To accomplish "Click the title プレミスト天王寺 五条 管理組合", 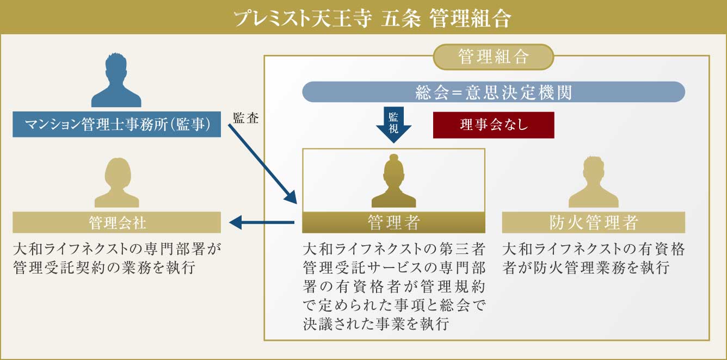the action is pyautogui.click(x=372, y=18).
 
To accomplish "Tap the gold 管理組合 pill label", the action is pyautogui.click(x=494, y=57).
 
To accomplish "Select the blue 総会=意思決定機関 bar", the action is pyautogui.click(x=494, y=92).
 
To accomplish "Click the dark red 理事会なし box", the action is pyautogui.click(x=494, y=125).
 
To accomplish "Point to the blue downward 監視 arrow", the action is pyautogui.click(x=393, y=125).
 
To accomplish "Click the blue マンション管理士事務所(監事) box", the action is pyautogui.click(x=117, y=124).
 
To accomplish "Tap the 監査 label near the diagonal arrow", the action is pyautogui.click(x=245, y=118).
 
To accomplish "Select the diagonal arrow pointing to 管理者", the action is pyautogui.click(x=263, y=164).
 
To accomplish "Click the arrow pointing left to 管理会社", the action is pyautogui.click(x=262, y=222).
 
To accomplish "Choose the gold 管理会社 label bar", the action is pyautogui.click(x=117, y=222).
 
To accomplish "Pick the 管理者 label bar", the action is pyautogui.click(x=393, y=222).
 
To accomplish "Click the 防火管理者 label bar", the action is pyautogui.click(x=594, y=222).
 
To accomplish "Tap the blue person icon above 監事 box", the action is pyautogui.click(x=116, y=80).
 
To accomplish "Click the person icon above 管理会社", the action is pyautogui.click(x=117, y=183).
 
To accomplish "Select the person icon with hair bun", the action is pyautogui.click(x=393, y=181).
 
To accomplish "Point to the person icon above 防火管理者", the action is pyautogui.click(x=594, y=182).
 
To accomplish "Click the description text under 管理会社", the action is pyautogui.click(x=117, y=258).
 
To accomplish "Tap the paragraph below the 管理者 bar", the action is pyautogui.click(x=394, y=287).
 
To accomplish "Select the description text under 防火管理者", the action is pyautogui.click(x=594, y=258).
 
